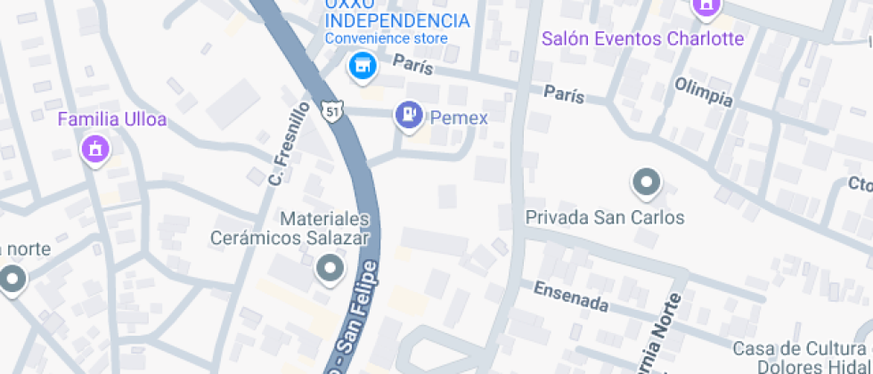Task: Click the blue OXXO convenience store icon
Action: click(361, 65)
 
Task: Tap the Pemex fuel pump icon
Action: click(408, 115)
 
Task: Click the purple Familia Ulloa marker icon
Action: click(94, 149)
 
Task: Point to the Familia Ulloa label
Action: click(112, 119)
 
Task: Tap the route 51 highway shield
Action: click(331, 111)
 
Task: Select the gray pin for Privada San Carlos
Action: click(645, 184)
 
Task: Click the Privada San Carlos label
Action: click(605, 217)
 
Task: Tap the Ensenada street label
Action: click(571, 297)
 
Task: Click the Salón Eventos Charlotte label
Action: click(643, 39)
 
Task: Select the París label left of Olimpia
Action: click(564, 93)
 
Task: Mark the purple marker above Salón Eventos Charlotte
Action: click(706, 6)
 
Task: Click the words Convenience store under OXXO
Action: click(386, 38)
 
